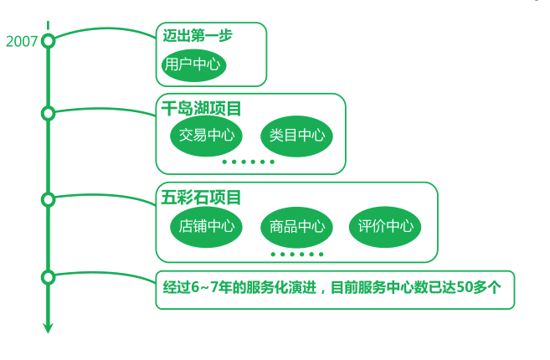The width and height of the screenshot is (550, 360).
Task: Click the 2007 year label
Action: tap(21, 41)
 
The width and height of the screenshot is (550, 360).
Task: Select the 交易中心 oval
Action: tap(205, 135)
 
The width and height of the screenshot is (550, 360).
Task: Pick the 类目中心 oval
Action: tap(296, 135)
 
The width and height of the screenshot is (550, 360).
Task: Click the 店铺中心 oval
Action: tap(206, 225)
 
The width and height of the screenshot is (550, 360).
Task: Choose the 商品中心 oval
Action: tap(297, 226)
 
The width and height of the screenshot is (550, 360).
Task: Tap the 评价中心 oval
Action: tap(385, 226)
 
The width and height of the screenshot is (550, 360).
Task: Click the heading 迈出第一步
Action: tap(198, 35)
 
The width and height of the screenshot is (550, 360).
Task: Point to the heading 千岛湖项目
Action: tap(202, 108)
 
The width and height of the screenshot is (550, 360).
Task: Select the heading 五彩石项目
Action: tap(202, 198)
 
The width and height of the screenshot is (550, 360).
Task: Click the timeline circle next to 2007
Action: tap(48, 40)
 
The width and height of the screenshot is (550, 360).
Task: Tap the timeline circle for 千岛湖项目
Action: tap(48, 113)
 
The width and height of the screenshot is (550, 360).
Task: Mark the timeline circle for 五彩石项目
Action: tap(48, 199)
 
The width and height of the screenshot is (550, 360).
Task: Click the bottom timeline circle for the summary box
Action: tap(48, 277)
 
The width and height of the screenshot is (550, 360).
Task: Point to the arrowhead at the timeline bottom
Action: tap(48, 327)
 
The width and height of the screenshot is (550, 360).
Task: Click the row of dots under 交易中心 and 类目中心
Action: tap(248, 162)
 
